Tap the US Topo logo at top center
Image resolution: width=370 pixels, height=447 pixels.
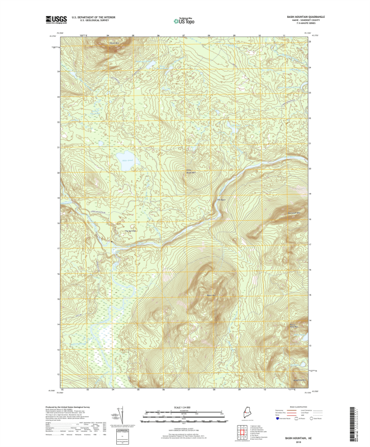[x=184, y=21]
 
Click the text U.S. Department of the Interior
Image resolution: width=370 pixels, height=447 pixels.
[x=97, y=17]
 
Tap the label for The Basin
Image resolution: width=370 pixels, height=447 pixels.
[x=220, y=199]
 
